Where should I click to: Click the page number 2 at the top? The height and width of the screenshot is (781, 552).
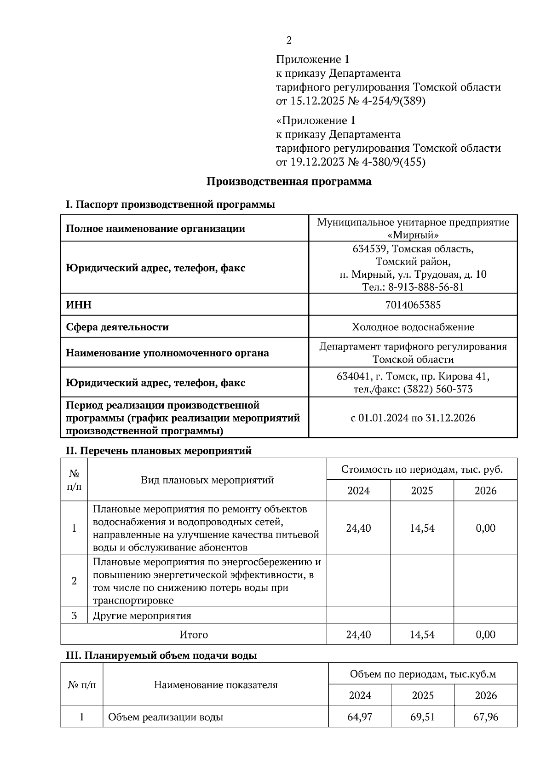[x=289, y=40]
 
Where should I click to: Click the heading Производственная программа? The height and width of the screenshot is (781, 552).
[x=288, y=181]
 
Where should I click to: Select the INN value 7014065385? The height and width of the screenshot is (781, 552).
[x=413, y=304]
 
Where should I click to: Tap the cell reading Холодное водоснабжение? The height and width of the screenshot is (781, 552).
[x=413, y=327]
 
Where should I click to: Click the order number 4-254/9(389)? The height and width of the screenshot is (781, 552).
[x=394, y=101]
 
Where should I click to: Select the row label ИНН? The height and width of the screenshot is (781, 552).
[x=79, y=305]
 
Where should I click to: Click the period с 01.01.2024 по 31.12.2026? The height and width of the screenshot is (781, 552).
[x=413, y=418]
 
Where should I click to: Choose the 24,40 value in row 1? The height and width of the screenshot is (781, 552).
[x=358, y=528]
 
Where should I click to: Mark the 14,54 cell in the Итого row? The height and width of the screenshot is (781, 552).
[x=422, y=635]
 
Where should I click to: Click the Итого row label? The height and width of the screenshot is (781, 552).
[x=194, y=635]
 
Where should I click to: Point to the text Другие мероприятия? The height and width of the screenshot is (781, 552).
[x=142, y=615]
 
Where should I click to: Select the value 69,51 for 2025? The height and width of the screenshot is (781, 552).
[x=423, y=717]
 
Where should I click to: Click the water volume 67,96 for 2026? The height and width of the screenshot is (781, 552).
[x=486, y=717]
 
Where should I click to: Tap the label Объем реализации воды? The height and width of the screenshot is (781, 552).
[x=166, y=717]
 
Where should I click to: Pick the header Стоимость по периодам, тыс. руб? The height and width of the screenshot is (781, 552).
[x=422, y=469]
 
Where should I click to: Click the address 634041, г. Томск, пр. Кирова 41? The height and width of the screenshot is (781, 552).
[x=413, y=376]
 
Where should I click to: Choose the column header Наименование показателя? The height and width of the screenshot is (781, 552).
[x=215, y=684]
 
